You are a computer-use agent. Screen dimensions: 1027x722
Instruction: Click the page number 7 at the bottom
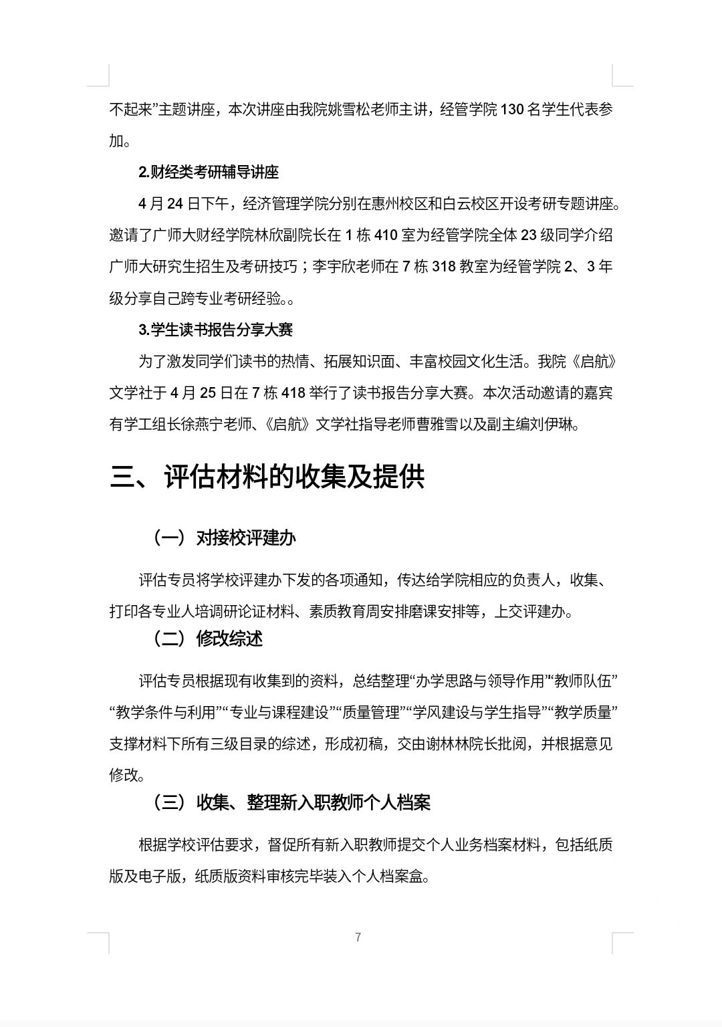358,937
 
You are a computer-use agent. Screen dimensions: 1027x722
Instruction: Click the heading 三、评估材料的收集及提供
267,477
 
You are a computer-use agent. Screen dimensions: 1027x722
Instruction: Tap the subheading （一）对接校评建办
224,538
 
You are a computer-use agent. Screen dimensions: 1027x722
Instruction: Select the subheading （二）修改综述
207,639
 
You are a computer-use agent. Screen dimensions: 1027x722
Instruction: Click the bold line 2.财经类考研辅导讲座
209,172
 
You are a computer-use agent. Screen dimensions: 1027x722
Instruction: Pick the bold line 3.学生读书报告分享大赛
215,330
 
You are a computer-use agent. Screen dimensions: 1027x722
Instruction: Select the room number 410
386,235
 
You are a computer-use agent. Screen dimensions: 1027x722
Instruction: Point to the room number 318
444,267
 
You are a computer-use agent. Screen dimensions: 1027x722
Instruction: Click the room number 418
293,393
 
